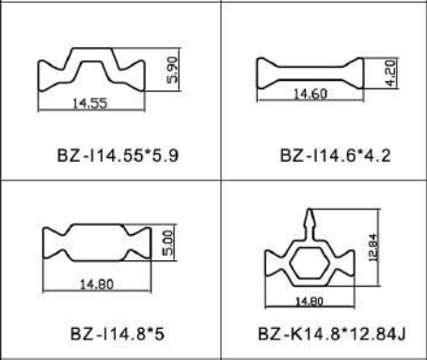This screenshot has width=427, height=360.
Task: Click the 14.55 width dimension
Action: (x=90, y=103)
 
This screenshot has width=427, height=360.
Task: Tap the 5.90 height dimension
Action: (x=172, y=70)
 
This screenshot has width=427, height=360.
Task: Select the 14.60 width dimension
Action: (x=310, y=94)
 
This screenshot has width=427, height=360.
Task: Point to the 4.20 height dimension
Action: (x=390, y=73)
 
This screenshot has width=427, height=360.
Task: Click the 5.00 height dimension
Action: (x=168, y=243)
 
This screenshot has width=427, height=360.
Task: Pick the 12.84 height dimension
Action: (x=373, y=247)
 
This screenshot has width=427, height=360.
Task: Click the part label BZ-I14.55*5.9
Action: (x=118, y=155)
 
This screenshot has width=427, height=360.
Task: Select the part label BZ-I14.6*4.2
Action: (x=335, y=155)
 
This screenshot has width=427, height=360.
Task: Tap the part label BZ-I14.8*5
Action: (x=118, y=334)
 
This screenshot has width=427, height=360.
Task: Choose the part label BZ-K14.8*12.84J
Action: (x=332, y=334)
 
